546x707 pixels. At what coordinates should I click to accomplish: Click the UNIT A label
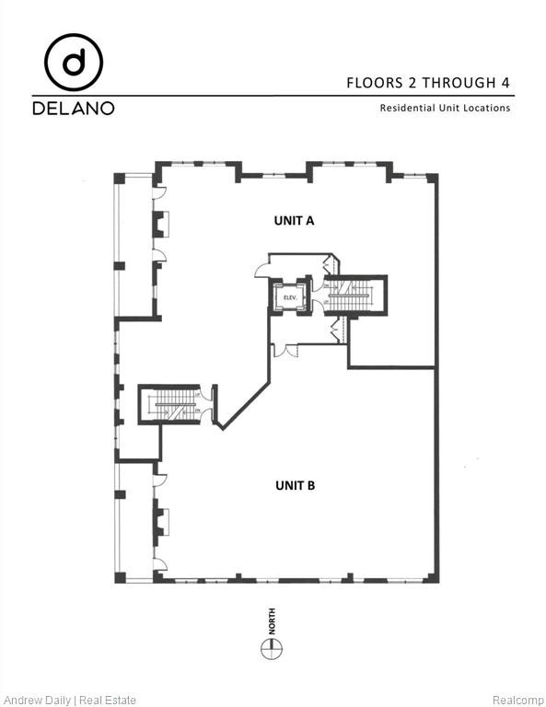295,220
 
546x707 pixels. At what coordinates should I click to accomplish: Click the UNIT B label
295,484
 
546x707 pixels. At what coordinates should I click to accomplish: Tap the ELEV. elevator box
288,296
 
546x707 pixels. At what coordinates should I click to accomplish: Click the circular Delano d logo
74,63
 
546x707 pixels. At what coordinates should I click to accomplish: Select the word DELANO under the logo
74,109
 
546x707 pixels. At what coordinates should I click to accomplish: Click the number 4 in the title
505,83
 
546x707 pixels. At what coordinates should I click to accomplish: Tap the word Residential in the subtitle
406,109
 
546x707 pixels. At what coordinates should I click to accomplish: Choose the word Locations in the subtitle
485,109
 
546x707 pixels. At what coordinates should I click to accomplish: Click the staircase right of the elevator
354,296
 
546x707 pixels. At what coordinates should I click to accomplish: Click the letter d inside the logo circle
74,63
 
